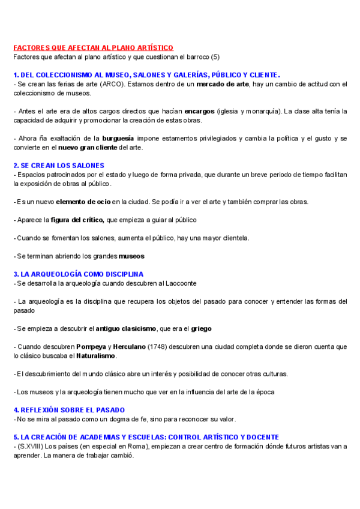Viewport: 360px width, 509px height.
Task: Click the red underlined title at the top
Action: coord(93,47)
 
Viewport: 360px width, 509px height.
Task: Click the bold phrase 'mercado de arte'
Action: coord(222,84)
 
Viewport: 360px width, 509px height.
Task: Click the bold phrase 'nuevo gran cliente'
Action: coord(88,148)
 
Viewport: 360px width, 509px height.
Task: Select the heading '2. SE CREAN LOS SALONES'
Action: coord(59,165)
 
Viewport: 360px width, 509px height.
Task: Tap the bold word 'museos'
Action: coord(131,256)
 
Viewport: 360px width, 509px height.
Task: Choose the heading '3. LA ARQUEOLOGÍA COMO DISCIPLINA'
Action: coord(79,274)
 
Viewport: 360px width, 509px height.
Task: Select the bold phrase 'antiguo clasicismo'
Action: coord(126,328)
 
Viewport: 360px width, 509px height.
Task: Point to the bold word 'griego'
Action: coord(201,328)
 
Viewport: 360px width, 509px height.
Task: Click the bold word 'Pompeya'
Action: coord(91,347)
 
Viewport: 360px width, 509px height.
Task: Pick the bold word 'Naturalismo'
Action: coord(95,356)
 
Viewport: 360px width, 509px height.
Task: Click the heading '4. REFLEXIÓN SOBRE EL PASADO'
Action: coord(69,410)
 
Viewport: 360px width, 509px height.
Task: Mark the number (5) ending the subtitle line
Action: coord(216,56)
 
